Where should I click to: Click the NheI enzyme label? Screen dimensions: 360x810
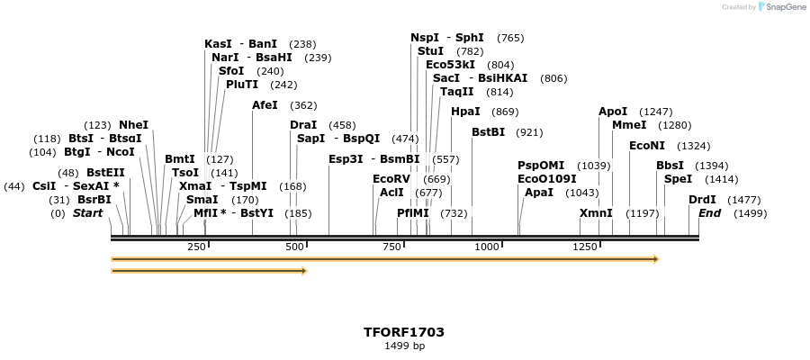tap(133, 125)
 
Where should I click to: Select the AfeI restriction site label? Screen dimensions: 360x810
tap(265, 105)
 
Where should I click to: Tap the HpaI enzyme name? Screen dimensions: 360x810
tap(465, 112)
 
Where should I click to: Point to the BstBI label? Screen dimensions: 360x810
tap(489, 132)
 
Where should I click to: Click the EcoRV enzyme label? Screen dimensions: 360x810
tap(391, 179)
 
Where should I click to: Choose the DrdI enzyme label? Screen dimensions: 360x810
tap(702, 200)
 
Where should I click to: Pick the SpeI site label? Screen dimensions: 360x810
tap(678, 179)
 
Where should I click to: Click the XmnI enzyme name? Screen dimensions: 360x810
tap(596, 213)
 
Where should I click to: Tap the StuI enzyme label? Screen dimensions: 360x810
tap(430, 51)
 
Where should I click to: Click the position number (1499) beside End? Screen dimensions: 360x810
tap(751, 213)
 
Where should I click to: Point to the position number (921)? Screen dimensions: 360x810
tap(529, 132)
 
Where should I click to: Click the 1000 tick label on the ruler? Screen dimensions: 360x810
tap(487, 247)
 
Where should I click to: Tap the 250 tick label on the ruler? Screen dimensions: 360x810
tap(196, 247)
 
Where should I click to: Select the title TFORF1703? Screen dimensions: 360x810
tap(404, 332)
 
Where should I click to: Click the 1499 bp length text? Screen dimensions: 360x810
tap(404, 346)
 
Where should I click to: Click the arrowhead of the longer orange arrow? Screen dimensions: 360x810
tap(656, 259)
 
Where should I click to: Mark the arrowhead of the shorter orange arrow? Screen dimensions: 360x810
tap(303, 270)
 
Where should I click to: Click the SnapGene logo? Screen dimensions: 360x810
tap(779, 7)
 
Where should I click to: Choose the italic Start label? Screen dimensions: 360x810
tap(87, 213)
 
